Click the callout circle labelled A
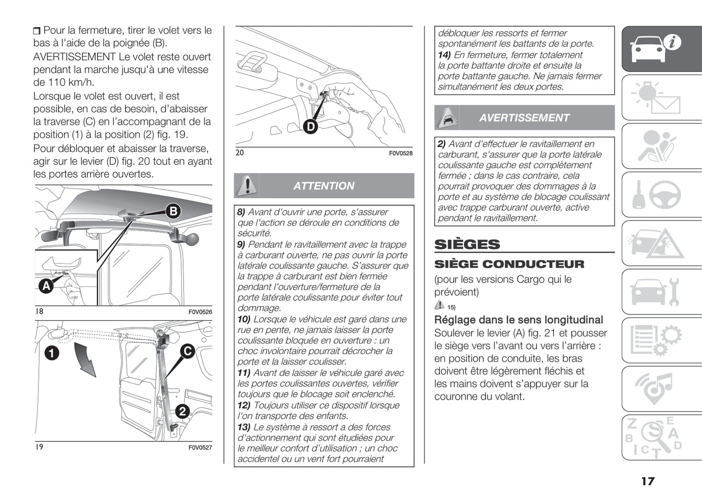(x=46, y=286)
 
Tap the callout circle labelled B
(x=173, y=211)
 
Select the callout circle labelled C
(x=188, y=351)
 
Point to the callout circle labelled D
(x=310, y=127)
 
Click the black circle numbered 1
(x=51, y=353)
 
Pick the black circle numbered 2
(x=182, y=411)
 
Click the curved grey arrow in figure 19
(x=87, y=359)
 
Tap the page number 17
(x=648, y=481)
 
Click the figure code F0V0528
(x=400, y=154)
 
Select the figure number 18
(x=39, y=311)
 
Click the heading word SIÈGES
(x=467, y=244)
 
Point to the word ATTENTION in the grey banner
(x=324, y=186)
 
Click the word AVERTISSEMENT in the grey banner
(x=524, y=118)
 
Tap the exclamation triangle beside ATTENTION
(x=247, y=185)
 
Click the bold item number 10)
(x=244, y=319)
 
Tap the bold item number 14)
(x=445, y=55)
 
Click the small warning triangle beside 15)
(x=439, y=305)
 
